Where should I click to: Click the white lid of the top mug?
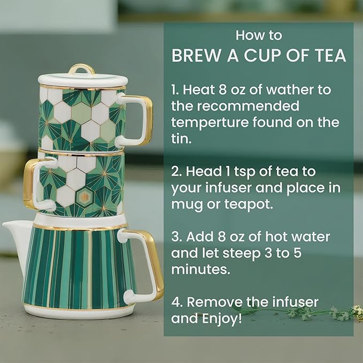pyautogui.click(x=83, y=80)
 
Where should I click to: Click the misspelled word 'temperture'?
pyautogui.click(x=210, y=123)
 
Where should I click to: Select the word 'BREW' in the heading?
pyautogui.click(x=196, y=56)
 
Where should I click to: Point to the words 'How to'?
pyautogui.click(x=259, y=35)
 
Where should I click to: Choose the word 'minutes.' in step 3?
pyautogui.click(x=200, y=269)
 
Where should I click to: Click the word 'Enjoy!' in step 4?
pyautogui.click(x=222, y=319)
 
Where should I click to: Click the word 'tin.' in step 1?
pyautogui.click(x=182, y=138)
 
